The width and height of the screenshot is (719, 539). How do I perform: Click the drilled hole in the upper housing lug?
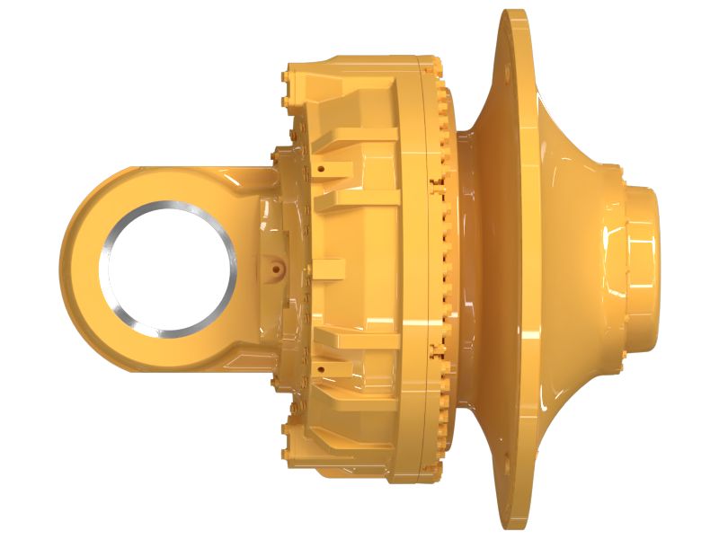[319, 168]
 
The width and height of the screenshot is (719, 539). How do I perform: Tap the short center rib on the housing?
[328, 268]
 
